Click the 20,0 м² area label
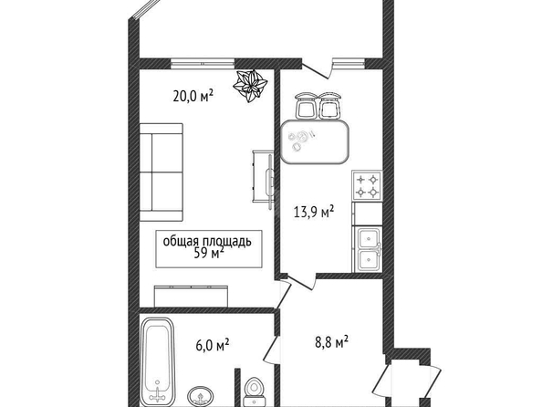click(x=193, y=96)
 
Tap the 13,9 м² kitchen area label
click(x=314, y=212)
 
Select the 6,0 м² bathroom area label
click(x=213, y=345)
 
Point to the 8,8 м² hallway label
click(x=331, y=342)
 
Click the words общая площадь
click(x=207, y=241)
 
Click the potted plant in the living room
click(x=250, y=86)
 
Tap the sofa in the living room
click(x=162, y=172)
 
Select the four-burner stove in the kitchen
click(x=367, y=185)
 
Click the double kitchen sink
click(x=367, y=249)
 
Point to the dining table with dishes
click(x=315, y=141)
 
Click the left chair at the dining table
click(x=306, y=105)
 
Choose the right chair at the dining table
click(x=329, y=105)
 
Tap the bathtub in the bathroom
click(x=158, y=361)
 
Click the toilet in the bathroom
click(x=255, y=392)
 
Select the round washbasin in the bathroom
click(x=201, y=396)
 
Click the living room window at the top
click(x=203, y=64)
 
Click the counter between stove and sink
click(x=367, y=214)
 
